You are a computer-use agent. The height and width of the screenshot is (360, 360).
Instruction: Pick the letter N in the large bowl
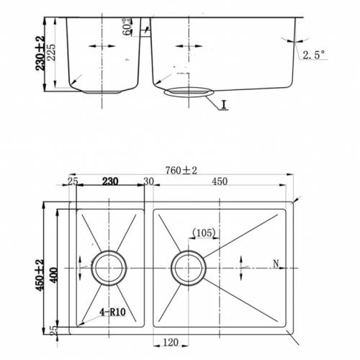[276, 264]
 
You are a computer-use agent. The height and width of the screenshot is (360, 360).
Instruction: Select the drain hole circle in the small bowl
[109, 268]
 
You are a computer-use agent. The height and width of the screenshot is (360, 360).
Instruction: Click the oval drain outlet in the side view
[189, 92]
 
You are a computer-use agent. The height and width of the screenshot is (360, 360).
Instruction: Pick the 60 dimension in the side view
[127, 27]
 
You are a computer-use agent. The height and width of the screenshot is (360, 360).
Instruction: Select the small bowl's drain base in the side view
[102, 92]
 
